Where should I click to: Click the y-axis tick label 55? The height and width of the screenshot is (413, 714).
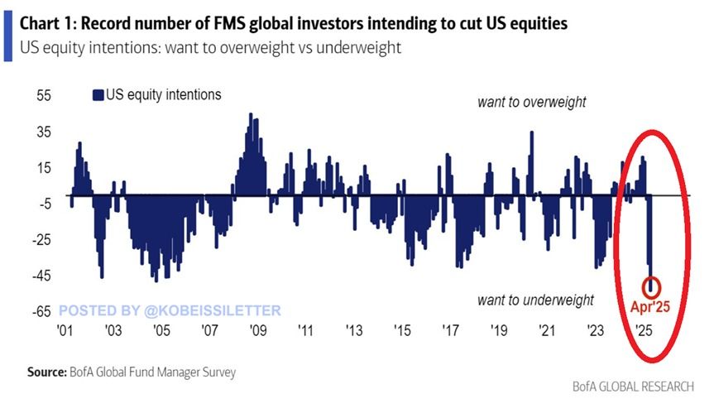43,96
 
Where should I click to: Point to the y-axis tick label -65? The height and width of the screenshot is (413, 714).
41,312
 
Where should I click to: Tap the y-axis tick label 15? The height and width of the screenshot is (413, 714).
43,168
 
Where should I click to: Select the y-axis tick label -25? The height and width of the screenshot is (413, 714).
41,240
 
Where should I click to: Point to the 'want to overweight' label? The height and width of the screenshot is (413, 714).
531,103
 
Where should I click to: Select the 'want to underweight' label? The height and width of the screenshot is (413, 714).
536,300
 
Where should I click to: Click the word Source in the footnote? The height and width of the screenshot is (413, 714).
45,372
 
